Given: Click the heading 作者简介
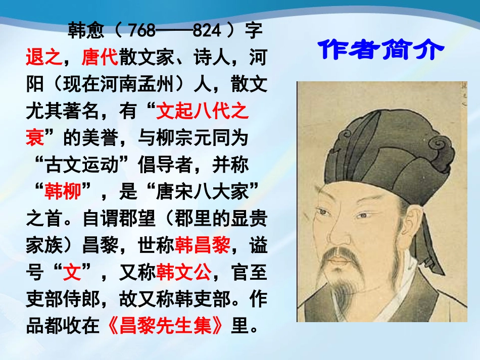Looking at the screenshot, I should point(382,50).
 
